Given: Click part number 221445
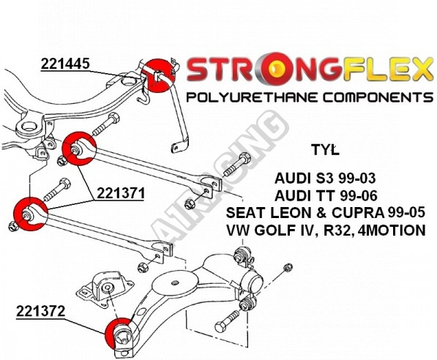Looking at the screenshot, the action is pyautogui.click(x=65, y=64).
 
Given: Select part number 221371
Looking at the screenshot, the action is pyautogui.click(x=121, y=193).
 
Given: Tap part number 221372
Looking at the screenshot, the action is pyautogui.click(x=40, y=311).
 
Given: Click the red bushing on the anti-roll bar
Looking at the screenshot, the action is pyautogui.click(x=158, y=75).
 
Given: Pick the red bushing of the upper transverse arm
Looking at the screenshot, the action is pyautogui.click(x=79, y=149).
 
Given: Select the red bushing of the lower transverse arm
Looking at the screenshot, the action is pyautogui.click(x=31, y=214).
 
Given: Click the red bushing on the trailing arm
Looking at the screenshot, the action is pyautogui.click(x=119, y=333).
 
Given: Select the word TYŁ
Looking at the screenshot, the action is pyautogui.click(x=326, y=150).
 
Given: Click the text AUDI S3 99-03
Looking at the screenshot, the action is pyautogui.click(x=325, y=179).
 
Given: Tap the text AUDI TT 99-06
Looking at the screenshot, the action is pyautogui.click(x=326, y=195).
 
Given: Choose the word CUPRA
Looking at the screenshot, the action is pyautogui.click(x=358, y=213).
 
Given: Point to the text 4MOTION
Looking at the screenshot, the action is pyautogui.click(x=393, y=230).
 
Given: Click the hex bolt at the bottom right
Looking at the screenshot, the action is pyautogui.click(x=227, y=320).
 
